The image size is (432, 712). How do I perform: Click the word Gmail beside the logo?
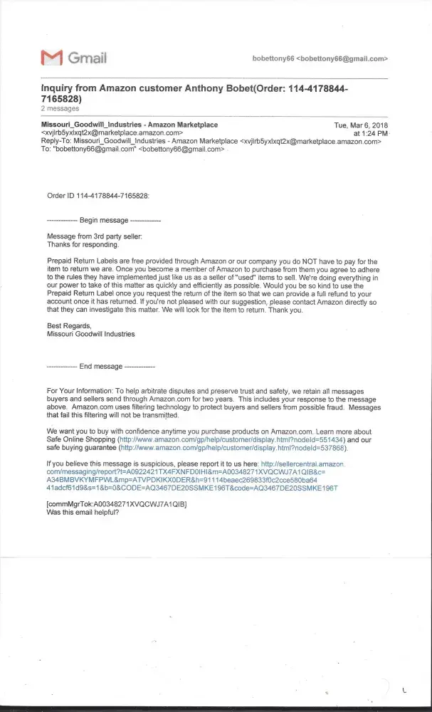[x=86, y=58]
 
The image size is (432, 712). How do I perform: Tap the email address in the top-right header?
[x=320, y=58]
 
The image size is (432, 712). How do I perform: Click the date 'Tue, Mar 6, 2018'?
[x=361, y=125]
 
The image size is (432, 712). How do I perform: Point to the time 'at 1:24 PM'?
[x=371, y=133]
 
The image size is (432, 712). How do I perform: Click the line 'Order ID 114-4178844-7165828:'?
[x=98, y=194]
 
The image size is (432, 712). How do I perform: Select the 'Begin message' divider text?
[x=104, y=221]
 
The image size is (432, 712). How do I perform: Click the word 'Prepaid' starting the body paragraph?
[x=59, y=261]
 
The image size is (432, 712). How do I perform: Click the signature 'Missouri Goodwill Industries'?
[x=90, y=333]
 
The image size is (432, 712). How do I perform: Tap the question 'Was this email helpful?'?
[x=82, y=512]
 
